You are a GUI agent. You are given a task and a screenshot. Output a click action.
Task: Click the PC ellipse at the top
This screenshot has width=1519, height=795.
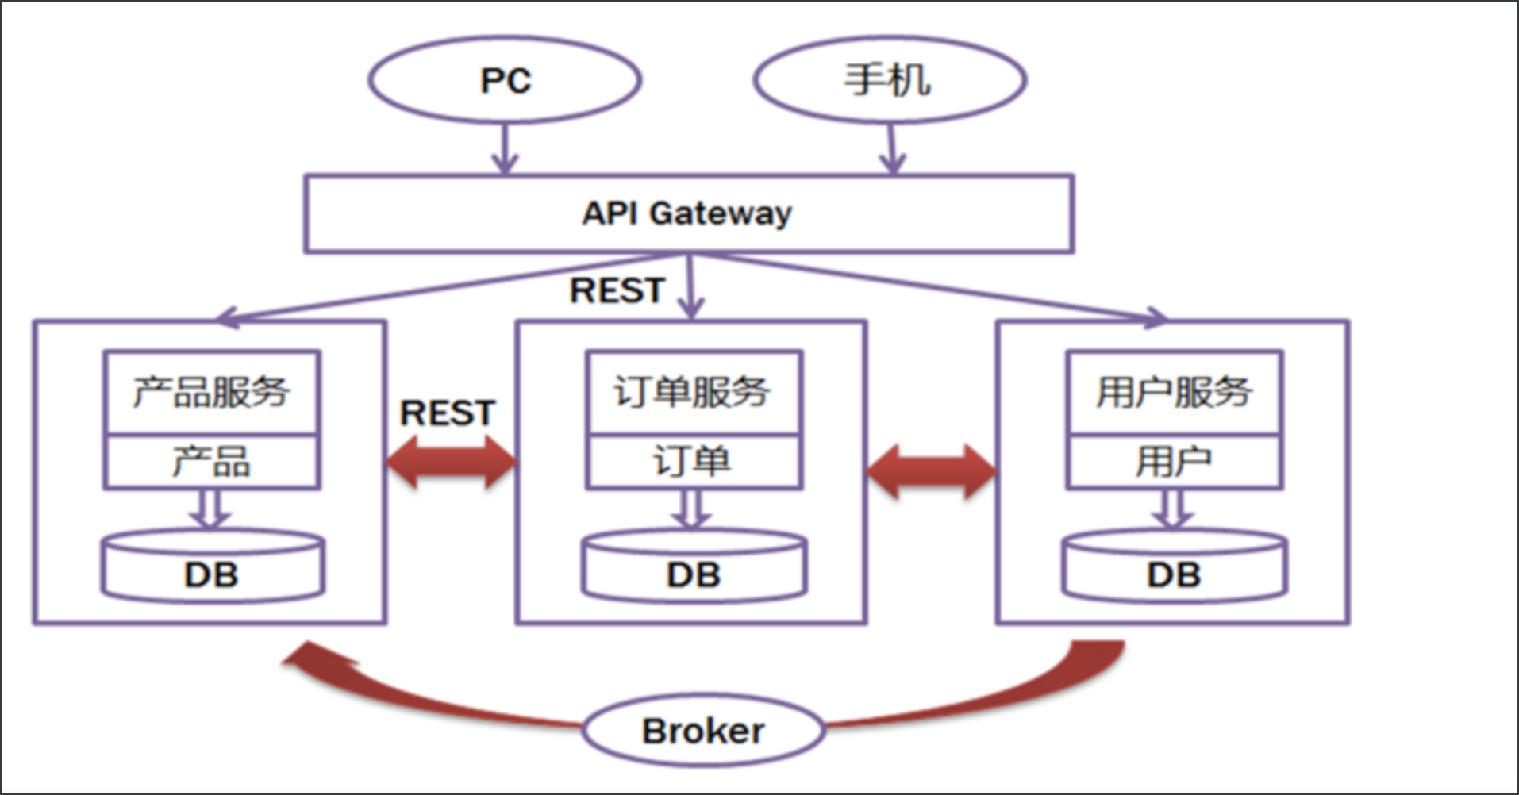[505, 80]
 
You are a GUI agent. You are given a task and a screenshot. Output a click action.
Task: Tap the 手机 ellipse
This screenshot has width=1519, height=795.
[889, 80]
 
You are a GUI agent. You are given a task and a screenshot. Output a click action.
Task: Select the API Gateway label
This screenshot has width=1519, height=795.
[687, 213]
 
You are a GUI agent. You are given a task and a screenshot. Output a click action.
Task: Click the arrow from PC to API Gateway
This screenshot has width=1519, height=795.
[505, 149]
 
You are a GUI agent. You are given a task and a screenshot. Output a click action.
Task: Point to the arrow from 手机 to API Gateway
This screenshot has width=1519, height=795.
[892, 149]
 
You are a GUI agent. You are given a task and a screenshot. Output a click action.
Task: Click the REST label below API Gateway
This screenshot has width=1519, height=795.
[617, 290]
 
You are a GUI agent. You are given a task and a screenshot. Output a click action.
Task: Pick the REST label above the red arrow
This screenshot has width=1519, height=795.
[448, 413]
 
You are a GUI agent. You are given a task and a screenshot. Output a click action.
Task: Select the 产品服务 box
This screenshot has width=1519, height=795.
[212, 392]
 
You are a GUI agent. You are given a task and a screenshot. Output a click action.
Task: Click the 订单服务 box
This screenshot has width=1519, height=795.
[694, 392]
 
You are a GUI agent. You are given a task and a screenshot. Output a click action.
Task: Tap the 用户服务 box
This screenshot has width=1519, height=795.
[1175, 392]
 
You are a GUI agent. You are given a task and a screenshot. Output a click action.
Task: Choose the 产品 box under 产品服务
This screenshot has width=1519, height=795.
[212, 462]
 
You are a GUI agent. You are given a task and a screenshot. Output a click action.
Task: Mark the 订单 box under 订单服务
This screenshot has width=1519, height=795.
[694, 462]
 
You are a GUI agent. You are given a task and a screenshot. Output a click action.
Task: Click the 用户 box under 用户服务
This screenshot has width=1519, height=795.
[1175, 462]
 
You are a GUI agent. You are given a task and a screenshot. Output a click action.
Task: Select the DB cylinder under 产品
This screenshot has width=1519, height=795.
[213, 568]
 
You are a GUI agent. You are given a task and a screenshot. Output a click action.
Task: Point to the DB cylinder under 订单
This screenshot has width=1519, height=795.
[694, 568]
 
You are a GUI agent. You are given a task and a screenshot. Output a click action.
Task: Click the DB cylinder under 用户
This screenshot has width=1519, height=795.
[1175, 568]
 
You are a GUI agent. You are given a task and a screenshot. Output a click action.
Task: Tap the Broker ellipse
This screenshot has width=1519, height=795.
[703, 731]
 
